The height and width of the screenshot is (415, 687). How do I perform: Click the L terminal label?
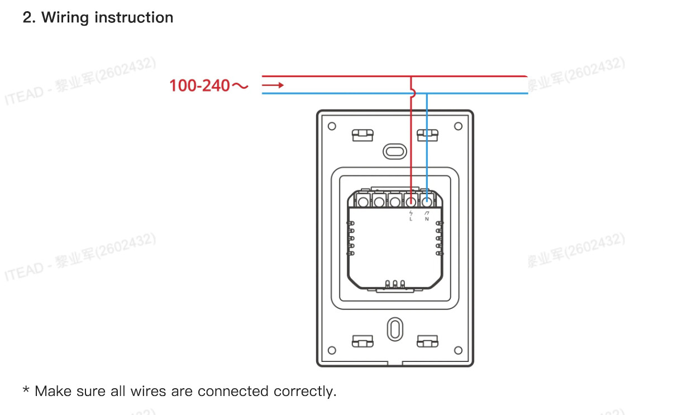click(411, 219)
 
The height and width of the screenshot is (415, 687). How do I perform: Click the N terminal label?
click(427, 219)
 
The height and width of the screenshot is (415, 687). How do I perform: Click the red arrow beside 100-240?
click(273, 85)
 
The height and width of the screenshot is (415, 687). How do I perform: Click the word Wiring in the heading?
click(65, 17)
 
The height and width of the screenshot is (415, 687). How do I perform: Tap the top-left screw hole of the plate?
click(332, 126)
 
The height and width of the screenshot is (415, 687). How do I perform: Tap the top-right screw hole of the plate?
click(458, 126)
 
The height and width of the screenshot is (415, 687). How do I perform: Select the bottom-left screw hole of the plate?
click(332, 350)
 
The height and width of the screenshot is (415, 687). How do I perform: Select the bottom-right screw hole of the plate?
click(458, 350)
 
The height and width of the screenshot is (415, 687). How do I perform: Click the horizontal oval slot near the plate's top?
click(395, 151)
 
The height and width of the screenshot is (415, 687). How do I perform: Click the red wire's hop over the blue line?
click(412, 93)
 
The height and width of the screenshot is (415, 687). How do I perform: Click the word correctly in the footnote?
click(305, 391)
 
